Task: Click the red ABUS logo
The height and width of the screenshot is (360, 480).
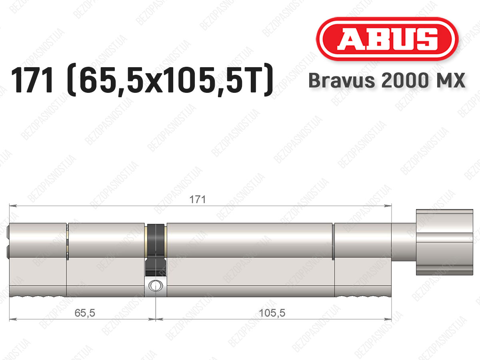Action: point(387,39)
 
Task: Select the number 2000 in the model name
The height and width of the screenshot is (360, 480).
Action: point(405,80)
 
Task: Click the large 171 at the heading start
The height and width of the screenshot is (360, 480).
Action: point(32,80)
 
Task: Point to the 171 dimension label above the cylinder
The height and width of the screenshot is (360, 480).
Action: point(197,200)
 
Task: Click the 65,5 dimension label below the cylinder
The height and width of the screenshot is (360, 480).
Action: point(85,313)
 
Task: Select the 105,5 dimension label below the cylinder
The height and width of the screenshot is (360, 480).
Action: point(272,313)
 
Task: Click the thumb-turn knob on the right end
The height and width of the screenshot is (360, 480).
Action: point(444,242)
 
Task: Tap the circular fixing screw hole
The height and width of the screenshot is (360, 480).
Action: point(156,286)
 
